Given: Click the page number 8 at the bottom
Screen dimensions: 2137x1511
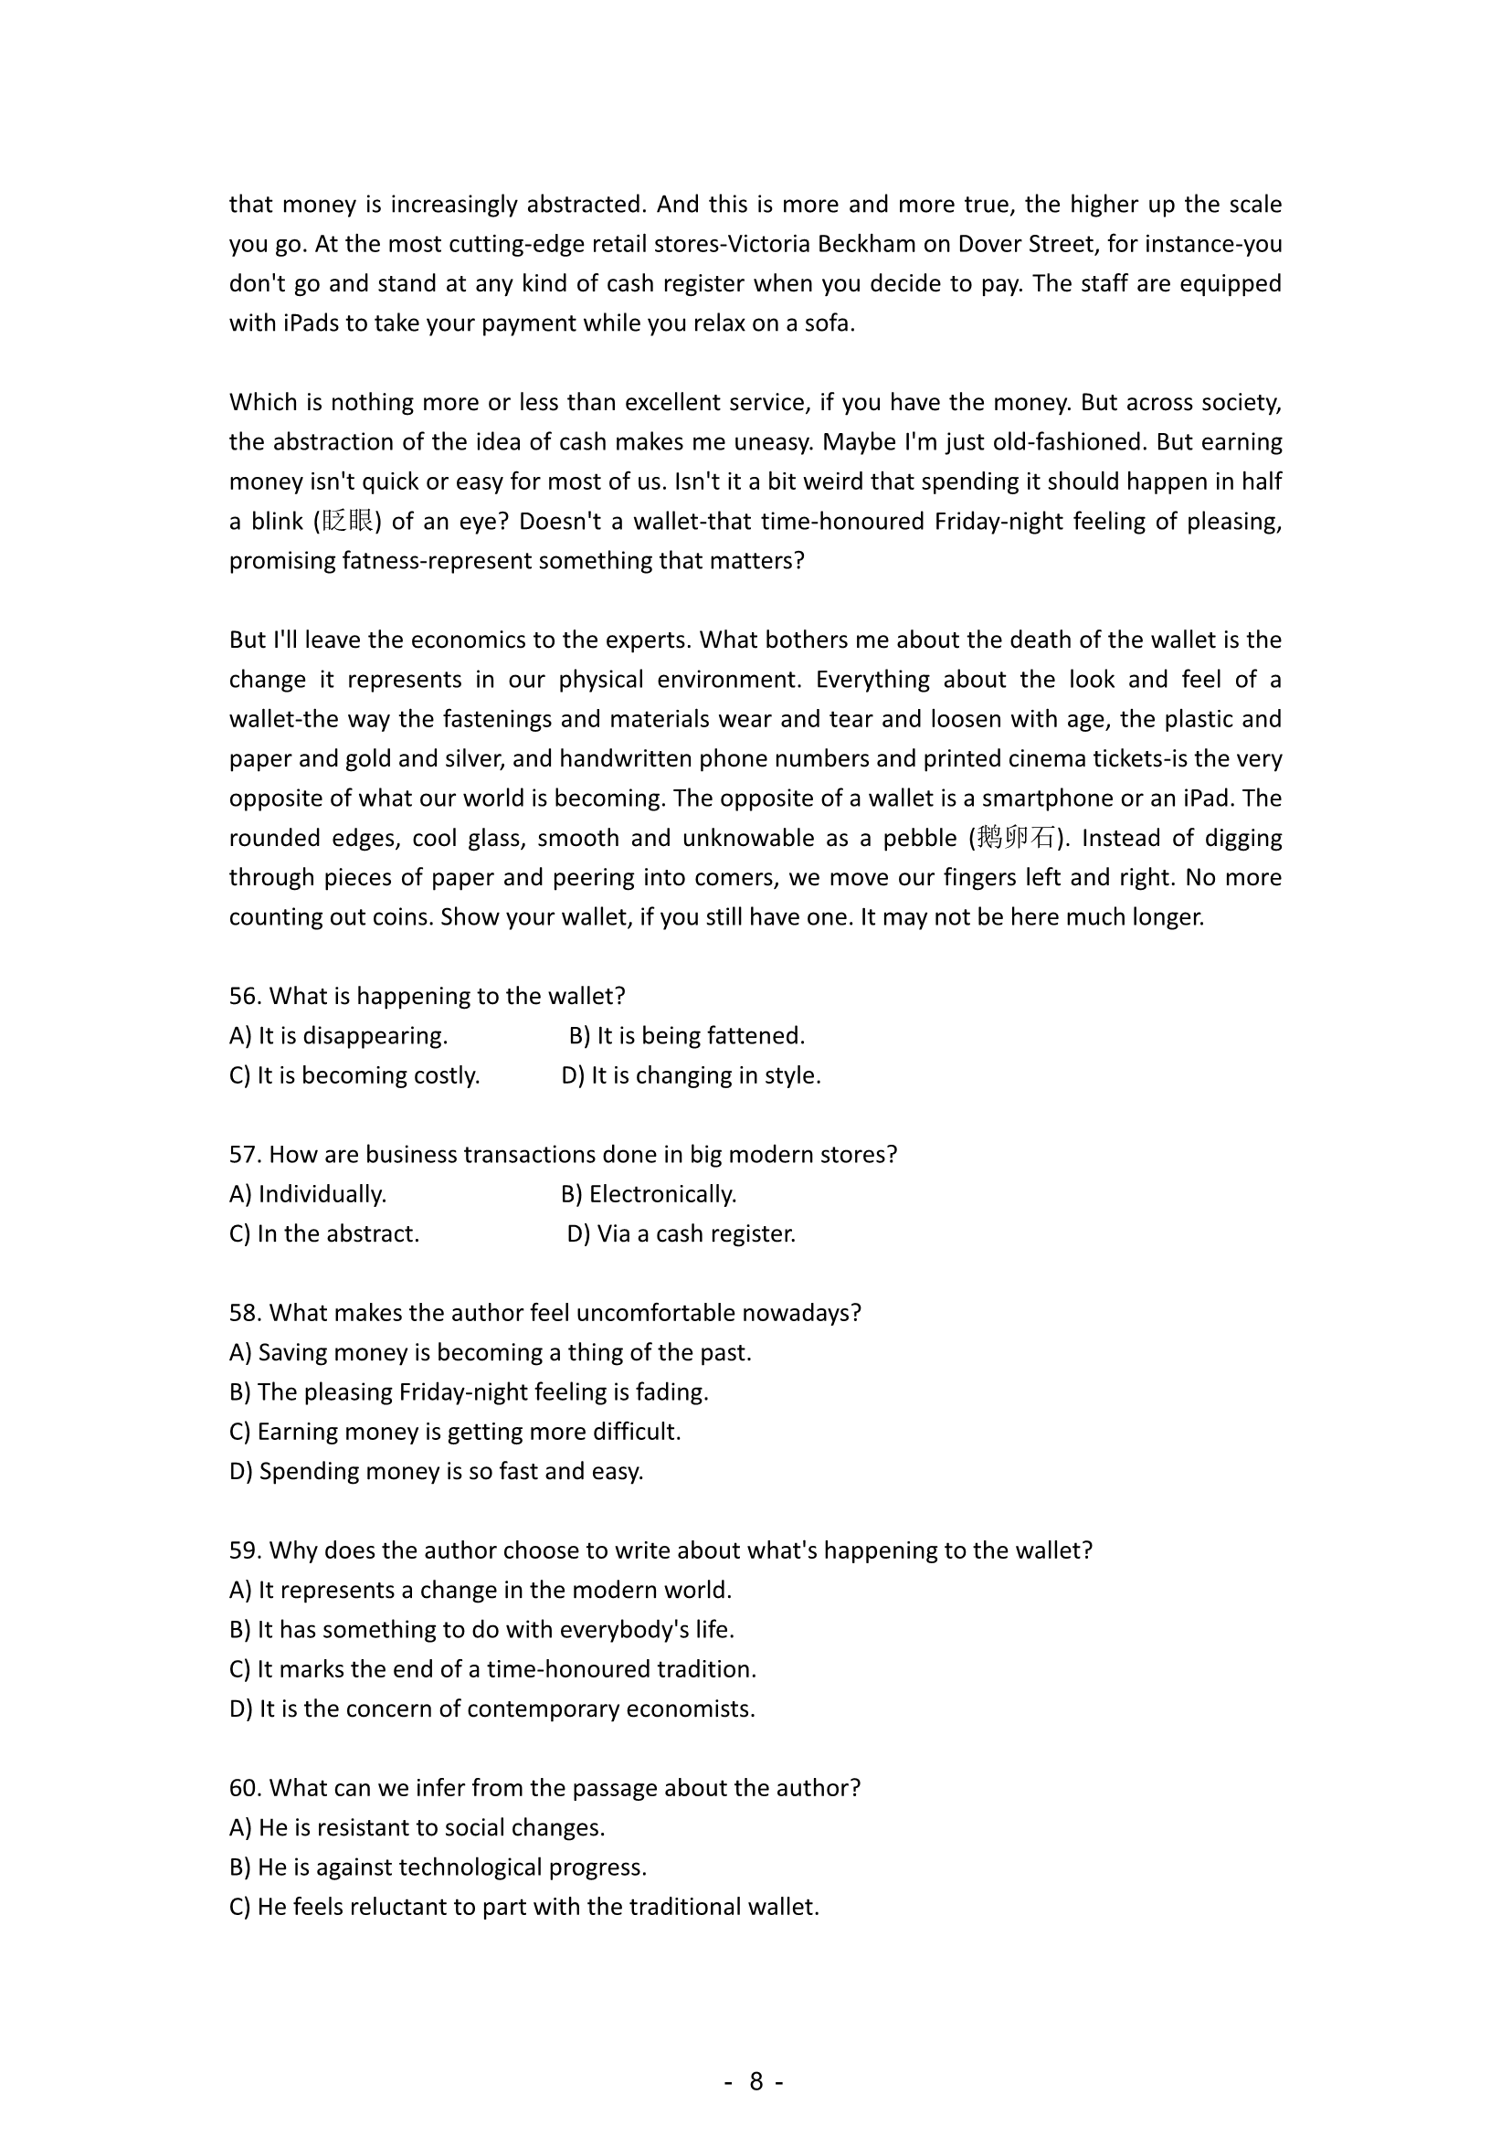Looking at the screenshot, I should (755, 2081).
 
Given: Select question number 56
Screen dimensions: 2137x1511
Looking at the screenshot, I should (245, 996).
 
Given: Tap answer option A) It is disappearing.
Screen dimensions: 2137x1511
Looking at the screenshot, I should (339, 1035).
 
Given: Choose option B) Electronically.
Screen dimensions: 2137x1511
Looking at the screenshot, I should (649, 1193).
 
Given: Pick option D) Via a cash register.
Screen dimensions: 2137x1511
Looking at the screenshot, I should (682, 1233).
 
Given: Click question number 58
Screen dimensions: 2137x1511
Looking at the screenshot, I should (245, 1312).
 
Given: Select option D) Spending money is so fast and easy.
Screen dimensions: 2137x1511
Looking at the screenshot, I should (437, 1471).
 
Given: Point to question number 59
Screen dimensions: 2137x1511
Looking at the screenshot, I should (245, 1550).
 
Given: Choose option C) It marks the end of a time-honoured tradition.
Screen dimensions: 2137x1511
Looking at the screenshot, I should (492, 1669).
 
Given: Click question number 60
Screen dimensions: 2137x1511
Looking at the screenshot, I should (246, 1787).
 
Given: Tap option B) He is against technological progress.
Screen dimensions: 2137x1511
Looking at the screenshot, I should (438, 1867).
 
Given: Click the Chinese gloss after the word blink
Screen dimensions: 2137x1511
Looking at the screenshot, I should (348, 520).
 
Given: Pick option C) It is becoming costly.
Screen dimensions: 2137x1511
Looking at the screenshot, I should (354, 1075).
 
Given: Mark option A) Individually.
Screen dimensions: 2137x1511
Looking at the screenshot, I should (308, 1193).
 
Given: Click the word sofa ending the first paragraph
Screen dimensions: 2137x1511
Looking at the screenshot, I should (830, 323).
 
